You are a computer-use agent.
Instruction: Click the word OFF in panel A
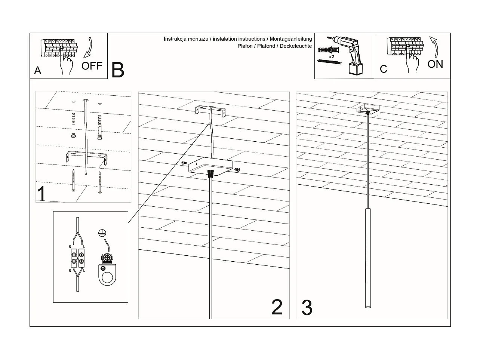[92, 66]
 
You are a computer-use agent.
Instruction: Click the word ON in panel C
[435, 64]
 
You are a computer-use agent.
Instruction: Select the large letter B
[118, 70]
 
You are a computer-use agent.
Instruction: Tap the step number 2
[277, 307]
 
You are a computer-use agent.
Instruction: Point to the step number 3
[307, 308]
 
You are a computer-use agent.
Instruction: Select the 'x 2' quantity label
[331, 56]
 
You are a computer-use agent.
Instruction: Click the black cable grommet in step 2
[211, 173]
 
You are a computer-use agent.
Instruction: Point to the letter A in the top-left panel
[37, 70]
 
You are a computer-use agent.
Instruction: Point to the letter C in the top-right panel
[383, 69]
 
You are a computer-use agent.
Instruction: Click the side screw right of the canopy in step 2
[237, 170]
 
